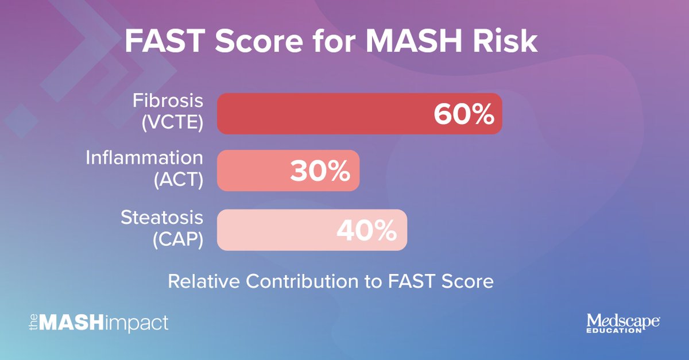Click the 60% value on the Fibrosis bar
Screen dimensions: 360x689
point(463,114)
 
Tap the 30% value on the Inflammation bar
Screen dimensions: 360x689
point(320,172)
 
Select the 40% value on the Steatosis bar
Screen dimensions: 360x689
point(367,230)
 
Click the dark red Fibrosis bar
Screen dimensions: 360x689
point(322,114)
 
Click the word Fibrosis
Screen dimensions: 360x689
point(168,102)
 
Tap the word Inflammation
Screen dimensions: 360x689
point(144,158)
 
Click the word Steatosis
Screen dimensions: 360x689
point(161,218)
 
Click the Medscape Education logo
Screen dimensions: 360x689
point(622,323)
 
